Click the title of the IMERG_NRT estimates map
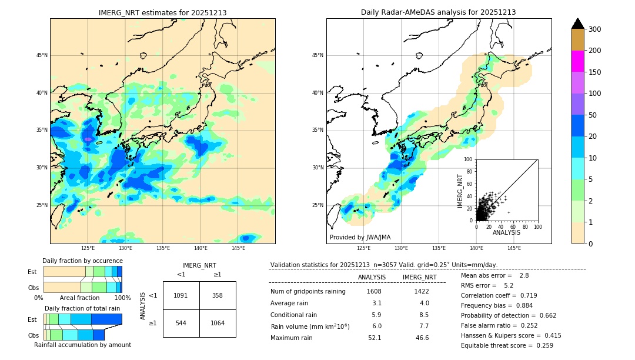pos(162,12)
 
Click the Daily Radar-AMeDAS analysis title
pos(438,12)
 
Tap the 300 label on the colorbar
pos(594,29)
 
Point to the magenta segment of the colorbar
pos(577,61)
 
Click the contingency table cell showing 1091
pos(181,295)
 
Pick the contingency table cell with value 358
pos(218,295)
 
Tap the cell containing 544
pos(181,323)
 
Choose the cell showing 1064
pos(218,323)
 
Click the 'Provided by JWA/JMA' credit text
pos(360,238)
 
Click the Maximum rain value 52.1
pos(375,338)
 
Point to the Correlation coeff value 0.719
pos(524,295)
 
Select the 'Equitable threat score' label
pos(497,345)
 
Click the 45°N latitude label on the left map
pos(42,55)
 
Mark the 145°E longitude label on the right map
pos(514,248)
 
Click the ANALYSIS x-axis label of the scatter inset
pos(506,232)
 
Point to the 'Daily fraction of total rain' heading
pos(82,308)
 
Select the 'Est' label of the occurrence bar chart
pos(32,272)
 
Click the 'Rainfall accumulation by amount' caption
pos(82,345)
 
